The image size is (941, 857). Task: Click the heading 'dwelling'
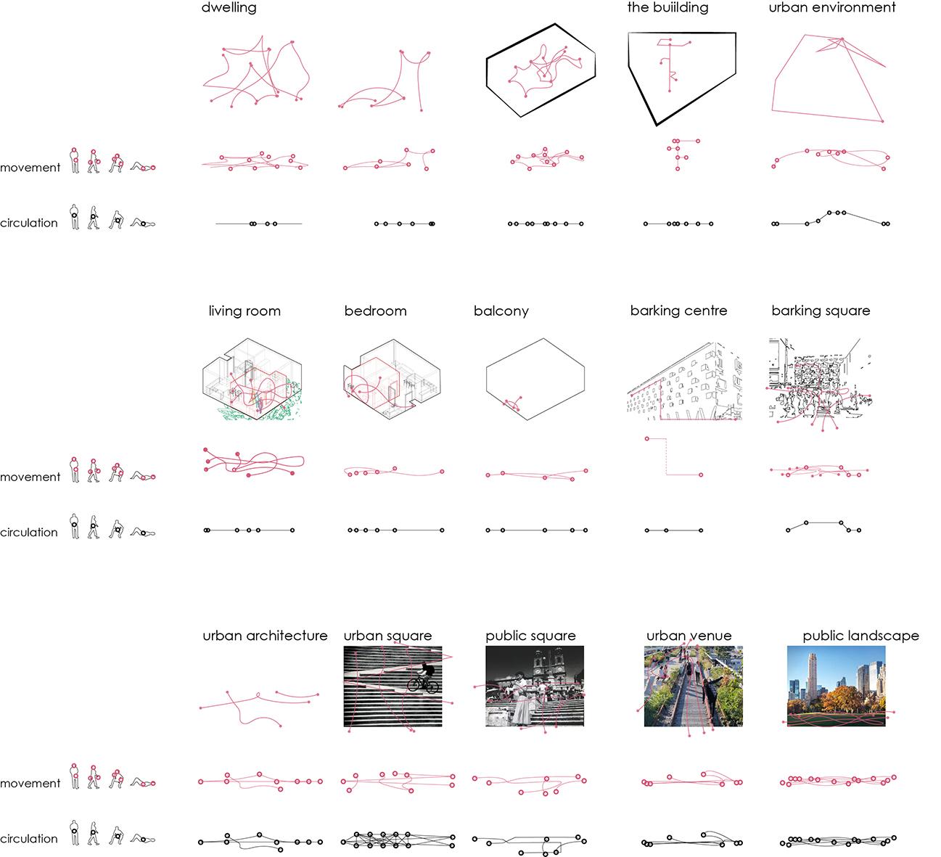click(x=229, y=9)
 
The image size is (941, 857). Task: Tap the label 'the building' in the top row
click(x=667, y=8)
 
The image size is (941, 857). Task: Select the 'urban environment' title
click(x=832, y=8)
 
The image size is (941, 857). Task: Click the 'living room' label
click(x=245, y=311)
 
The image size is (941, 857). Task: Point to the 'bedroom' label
click(x=375, y=311)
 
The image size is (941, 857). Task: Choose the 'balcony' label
click(x=501, y=311)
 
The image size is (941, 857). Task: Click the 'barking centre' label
click(x=678, y=311)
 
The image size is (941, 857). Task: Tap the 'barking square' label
click(x=821, y=311)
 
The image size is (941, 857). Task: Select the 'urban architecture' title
click(x=265, y=636)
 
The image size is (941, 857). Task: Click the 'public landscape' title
click(x=860, y=636)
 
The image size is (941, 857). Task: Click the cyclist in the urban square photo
click(x=424, y=679)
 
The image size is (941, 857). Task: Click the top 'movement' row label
click(x=30, y=168)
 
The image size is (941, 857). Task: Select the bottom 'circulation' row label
click(x=29, y=839)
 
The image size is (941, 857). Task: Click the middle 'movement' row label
click(x=30, y=477)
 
